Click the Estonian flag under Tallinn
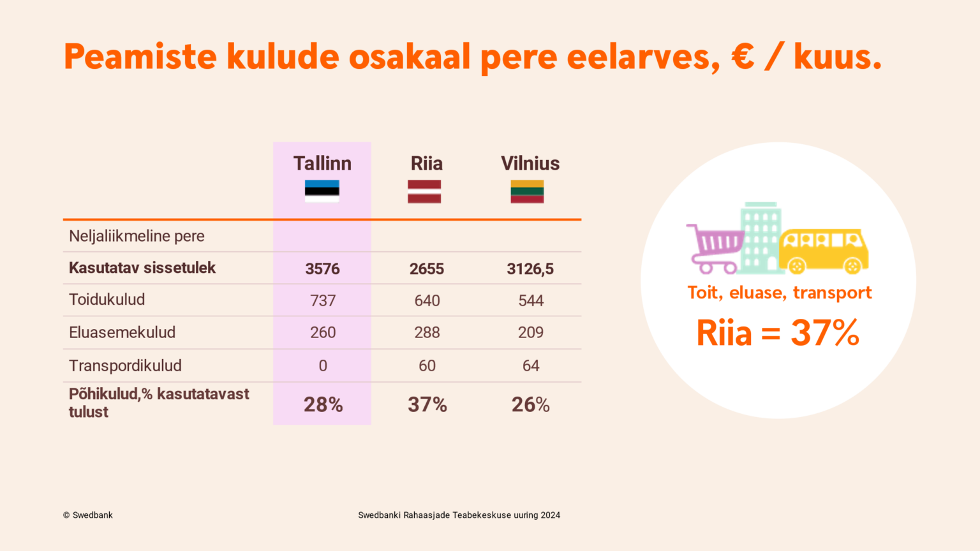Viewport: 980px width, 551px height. point(322,191)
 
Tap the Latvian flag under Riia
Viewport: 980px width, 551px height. point(424,191)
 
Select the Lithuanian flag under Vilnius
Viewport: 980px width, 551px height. point(527,191)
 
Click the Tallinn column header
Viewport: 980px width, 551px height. point(322,163)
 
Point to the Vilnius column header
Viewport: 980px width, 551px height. point(530,163)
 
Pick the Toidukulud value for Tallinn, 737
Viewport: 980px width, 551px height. point(323,300)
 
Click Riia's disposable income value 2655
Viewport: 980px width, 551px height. point(427,268)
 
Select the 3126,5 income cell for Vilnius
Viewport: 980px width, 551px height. point(530,269)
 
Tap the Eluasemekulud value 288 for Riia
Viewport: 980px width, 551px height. point(427,332)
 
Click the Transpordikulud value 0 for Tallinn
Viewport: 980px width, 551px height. point(323,365)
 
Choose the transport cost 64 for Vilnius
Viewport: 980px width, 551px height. point(531,365)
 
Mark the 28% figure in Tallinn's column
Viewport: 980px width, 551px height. point(323,404)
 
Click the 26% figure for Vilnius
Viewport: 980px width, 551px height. point(531,404)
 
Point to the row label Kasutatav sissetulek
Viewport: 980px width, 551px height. point(142,268)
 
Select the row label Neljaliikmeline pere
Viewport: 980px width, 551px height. point(137,236)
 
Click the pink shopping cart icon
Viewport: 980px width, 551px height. point(715,249)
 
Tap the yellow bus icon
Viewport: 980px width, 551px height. point(824,251)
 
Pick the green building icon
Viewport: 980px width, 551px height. point(761,238)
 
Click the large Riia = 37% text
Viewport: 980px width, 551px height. point(778,333)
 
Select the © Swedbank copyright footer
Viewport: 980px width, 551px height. point(88,515)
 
